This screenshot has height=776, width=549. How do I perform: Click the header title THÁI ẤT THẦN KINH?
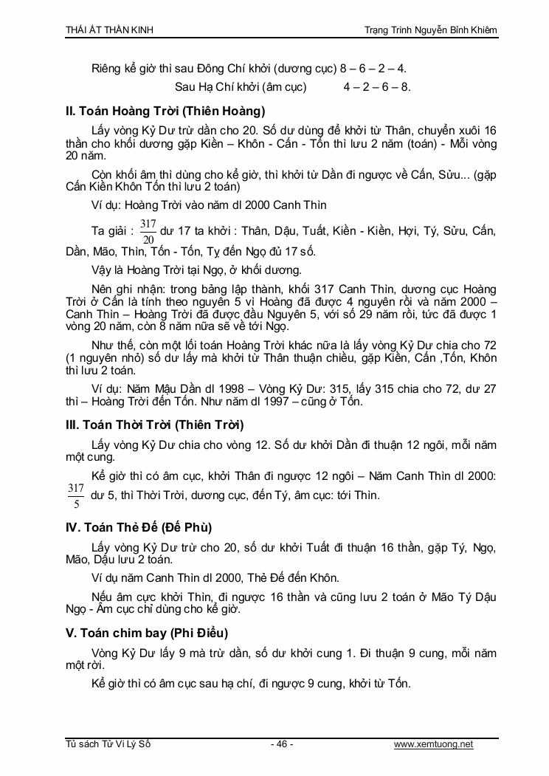110,30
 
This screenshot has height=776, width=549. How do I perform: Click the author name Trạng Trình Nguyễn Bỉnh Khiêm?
431,30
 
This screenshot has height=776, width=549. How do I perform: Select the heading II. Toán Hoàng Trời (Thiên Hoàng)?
165,111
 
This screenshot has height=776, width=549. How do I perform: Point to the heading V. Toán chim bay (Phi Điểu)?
147,633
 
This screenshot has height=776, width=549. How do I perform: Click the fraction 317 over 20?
148,231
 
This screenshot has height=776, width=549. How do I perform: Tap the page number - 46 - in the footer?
282,744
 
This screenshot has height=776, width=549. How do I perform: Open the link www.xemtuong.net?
433,744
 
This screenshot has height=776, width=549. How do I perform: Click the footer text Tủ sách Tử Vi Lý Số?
108,744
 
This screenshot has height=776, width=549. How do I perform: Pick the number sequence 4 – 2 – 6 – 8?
376,86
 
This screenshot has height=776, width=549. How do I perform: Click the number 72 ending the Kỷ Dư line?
490,345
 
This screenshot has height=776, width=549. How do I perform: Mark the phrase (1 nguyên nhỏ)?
106,358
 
